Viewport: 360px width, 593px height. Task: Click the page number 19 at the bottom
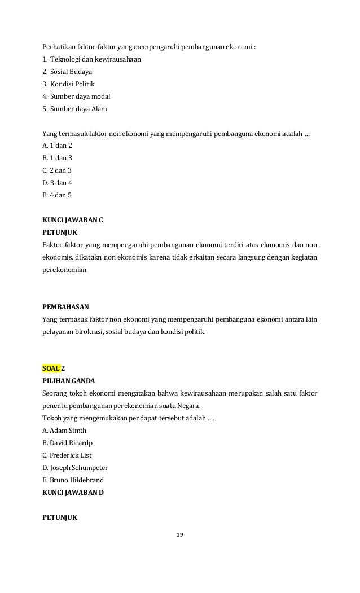tap(180, 534)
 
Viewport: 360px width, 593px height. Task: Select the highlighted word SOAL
tap(51, 368)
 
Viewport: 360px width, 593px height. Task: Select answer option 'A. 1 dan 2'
tap(57, 146)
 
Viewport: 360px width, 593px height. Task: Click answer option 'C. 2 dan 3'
tap(57, 170)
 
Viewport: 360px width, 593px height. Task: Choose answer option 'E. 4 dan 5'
tap(57, 195)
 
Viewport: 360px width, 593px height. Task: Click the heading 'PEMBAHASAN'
tap(66, 307)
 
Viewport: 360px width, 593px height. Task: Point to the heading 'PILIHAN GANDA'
tap(69, 380)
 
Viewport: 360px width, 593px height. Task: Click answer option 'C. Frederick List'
tap(67, 455)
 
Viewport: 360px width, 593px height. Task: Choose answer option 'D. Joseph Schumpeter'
tap(75, 467)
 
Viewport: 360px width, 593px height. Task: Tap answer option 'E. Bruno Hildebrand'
tap(73, 480)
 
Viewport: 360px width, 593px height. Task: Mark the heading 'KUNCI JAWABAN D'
tap(73, 492)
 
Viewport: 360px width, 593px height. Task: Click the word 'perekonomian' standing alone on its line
tap(65, 270)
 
